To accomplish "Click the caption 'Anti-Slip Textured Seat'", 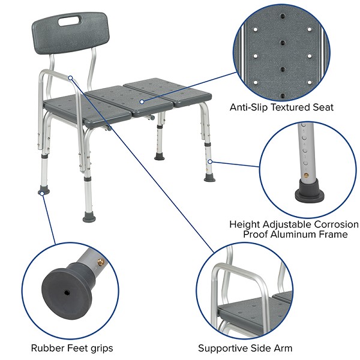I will pyautogui.click(x=281, y=107).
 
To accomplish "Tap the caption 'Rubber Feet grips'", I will pyautogui.click(x=72, y=347).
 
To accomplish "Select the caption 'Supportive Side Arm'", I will pyautogui.click(x=245, y=347).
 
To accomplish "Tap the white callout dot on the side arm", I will pyautogui.click(x=71, y=77).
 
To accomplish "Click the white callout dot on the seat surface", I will pyautogui.click(x=142, y=102).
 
